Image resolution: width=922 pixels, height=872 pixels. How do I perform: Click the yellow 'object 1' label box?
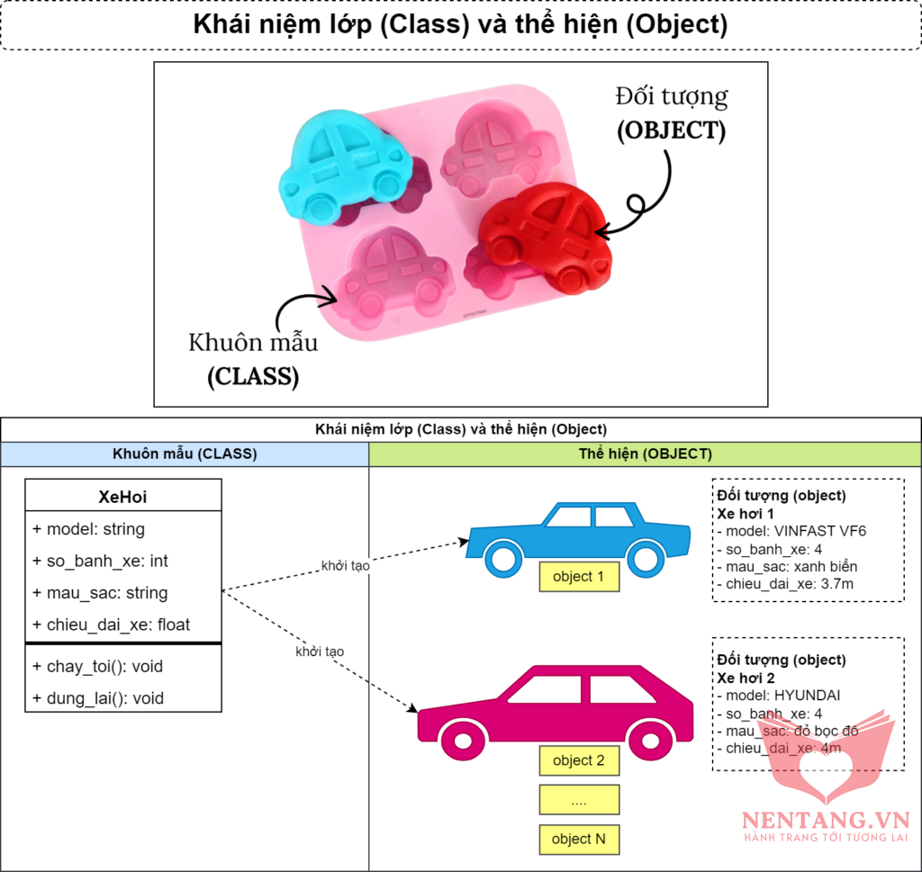tap(580, 577)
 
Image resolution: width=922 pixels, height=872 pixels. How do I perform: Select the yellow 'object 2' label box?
tap(580, 760)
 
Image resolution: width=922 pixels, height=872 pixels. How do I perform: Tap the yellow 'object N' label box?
tap(580, 839)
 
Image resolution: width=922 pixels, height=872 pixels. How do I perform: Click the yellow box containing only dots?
tap(580, 800)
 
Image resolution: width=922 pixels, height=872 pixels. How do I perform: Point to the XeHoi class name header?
tap(122, 496)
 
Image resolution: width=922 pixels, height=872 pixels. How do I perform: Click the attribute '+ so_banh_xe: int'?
tap(100, 561)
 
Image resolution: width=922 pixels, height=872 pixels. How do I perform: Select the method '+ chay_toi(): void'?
tap(97, 667)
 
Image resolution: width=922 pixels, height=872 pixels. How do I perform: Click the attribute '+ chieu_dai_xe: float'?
tap(111, 625)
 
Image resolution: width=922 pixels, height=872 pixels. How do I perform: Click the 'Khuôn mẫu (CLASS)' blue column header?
tap(185, 454)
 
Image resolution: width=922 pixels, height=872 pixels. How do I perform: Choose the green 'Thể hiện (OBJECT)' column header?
tap(645, 454)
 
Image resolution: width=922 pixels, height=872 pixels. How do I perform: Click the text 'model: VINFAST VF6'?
tap(795, 531)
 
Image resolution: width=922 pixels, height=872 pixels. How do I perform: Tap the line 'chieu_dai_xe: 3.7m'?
tap(787, 585)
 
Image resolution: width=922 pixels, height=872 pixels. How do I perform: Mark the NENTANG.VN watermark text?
tap(826, 820)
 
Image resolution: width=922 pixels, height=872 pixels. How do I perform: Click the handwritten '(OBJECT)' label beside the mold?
tap(671, 130)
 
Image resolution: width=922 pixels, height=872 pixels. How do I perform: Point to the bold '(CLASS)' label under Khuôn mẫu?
tap(253, 375)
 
